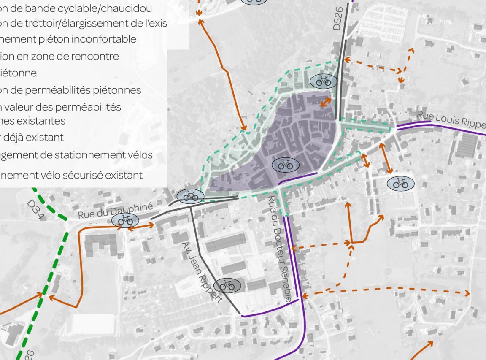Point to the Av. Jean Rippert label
(202, 272)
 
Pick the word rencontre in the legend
(92, 56)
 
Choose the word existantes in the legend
(38, 121)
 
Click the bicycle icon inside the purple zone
(286, 165)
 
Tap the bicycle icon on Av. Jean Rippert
(227, 286)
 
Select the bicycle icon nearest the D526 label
(324, 81)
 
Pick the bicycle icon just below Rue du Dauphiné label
(125, 220)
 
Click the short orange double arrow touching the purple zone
(325, 102)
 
